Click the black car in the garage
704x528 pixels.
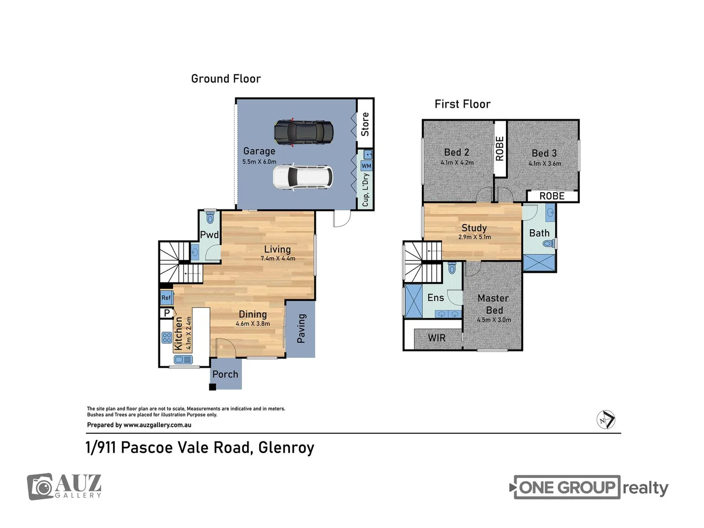[x=304, y=132]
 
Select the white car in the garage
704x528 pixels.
[x=303, y=177]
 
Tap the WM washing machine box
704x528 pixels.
[x=366, y=166]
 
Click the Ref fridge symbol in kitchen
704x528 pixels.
[x=166, y=297]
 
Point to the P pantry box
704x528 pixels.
[x=167, y=313]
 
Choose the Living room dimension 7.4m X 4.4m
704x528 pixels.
[x=278, y=259]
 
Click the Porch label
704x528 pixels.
[x=225, y=374]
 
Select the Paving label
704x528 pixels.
[x=301, y=329]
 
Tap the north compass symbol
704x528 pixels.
[x=606, y=420]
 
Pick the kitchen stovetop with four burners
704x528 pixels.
[x=167, y=337]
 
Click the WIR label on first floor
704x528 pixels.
[x=437, y=338]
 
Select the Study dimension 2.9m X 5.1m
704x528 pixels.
[x=474, y=237]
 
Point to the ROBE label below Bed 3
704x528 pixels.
[x=552, y=196]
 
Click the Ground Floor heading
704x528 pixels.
[x=226, y=79]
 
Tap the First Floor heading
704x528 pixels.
[x=462, y=104]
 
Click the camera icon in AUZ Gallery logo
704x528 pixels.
[x=40, y=487]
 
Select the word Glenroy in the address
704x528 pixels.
[x=286, y=447]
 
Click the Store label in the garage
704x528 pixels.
[x=365, y=124]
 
